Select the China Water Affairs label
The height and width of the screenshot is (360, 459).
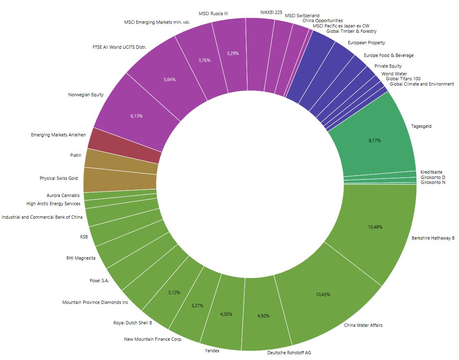[363, 326]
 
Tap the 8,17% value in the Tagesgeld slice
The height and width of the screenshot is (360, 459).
[374, 140]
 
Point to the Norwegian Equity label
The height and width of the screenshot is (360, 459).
[86, 95]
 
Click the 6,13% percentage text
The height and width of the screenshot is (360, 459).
[136, 116]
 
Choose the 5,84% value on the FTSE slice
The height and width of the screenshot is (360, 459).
[169, 79]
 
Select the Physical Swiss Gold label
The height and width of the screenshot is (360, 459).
[59, 178]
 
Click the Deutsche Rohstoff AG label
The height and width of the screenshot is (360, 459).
[286, 353]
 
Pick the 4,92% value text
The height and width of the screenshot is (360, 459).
[264, 316]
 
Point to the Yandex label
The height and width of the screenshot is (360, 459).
[212, 351]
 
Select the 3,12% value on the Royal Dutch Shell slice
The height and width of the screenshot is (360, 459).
[174, 293]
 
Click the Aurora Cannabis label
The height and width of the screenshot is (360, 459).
[63, 195]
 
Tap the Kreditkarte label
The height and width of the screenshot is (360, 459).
[431, 172]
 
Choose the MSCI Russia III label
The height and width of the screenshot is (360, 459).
[213, 14]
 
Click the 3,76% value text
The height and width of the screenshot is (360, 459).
[204, 60]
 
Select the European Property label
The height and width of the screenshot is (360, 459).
[366, 43]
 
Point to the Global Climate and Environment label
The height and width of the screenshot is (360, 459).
[422, 84]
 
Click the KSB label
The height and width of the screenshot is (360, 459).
[84, 237]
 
